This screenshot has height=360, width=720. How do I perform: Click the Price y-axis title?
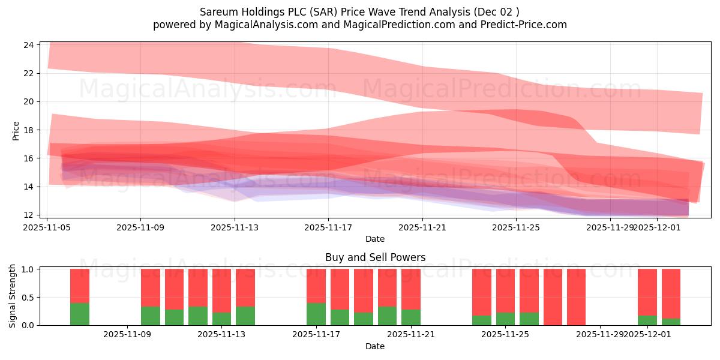pos(16,130)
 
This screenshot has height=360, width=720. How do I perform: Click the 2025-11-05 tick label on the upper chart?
pos(47,227)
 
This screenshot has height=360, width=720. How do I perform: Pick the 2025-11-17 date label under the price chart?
pos(328,227)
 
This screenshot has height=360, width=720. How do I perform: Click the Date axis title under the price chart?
pos(375,239)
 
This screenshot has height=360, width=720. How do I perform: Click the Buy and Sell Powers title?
pos(375,257)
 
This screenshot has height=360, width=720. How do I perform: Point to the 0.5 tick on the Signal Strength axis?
pos(29,297)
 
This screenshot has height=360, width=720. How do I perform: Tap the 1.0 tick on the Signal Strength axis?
pos(29,269)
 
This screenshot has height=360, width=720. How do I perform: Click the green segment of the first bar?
pos(80,314)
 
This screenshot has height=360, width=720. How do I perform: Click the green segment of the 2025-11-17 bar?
pos(316,314)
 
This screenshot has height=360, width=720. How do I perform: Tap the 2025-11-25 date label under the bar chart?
pos(506,335)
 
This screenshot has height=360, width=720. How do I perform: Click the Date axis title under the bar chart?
pos(375,346)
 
